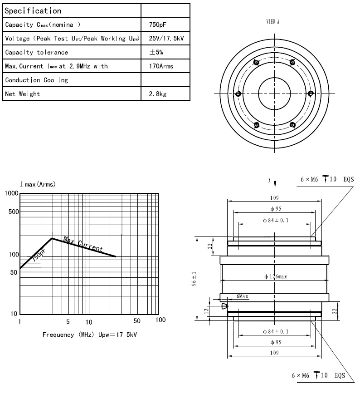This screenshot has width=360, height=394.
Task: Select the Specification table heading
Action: click(x=33, y=10)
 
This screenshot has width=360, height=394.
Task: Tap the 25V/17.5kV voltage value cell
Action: click(x=166, y=39)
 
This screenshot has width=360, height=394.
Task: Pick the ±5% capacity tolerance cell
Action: click(x=156, y=52)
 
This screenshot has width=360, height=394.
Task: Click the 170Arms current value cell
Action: click(x=161, y=66)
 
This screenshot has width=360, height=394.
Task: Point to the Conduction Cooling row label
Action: click(x=36, y=80)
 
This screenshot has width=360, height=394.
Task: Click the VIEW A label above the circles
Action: click(x=272, y=22)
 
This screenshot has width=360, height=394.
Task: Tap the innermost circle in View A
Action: click(x=274, y=93)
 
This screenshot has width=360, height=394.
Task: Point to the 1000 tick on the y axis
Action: click(x=11, y=193)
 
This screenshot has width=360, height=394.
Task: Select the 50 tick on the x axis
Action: click(x=137, y=321)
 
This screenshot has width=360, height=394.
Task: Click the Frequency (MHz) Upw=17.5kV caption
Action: click(x=90, y=335)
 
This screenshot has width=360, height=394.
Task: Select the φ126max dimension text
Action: click(x=276, y=276)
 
